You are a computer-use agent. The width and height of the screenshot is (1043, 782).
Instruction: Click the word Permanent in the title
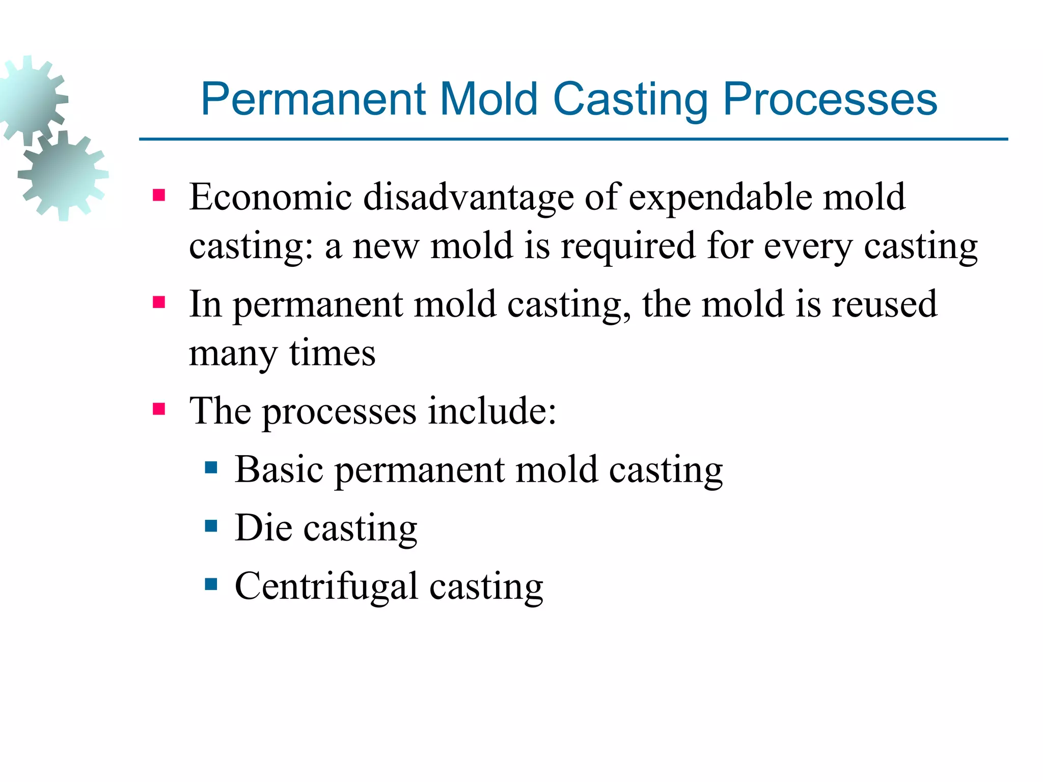(313, 99)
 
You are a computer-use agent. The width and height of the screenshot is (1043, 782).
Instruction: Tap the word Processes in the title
(830, 100)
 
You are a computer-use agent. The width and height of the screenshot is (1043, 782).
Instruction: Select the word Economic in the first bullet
(270, 197)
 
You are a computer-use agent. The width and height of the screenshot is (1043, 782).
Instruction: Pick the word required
(628, 246)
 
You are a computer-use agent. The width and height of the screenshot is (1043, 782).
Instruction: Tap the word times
(333, 353)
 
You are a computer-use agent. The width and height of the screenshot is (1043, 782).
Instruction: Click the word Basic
(279, 469)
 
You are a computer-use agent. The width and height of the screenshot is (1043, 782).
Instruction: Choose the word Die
(263, 527)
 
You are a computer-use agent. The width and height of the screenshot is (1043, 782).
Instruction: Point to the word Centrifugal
(326, 586)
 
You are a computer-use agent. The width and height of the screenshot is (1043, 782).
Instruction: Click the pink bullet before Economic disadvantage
(159, 195)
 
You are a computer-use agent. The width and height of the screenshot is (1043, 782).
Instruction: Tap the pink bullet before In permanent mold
(159, 303)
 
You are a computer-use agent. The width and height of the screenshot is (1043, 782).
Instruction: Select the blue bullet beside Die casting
(211, 525)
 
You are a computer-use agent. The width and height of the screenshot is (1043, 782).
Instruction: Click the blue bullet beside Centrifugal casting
(211, 584)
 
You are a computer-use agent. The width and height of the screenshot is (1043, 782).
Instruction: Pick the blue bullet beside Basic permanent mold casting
(211, 467)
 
